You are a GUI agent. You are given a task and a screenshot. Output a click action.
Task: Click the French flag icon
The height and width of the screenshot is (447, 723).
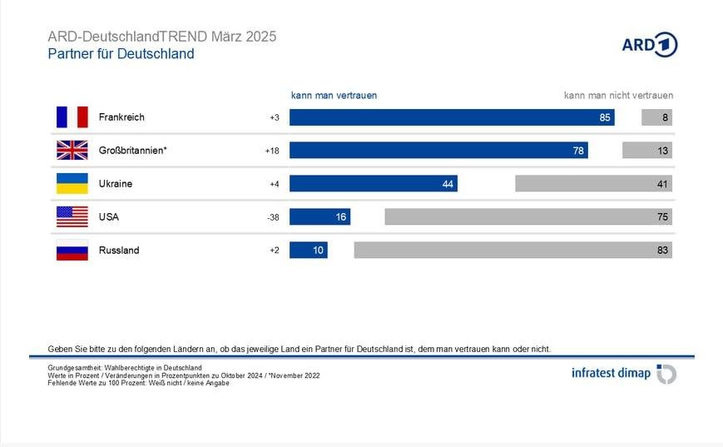point(72,117)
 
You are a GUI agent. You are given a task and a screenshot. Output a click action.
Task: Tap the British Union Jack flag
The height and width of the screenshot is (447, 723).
point(72,151)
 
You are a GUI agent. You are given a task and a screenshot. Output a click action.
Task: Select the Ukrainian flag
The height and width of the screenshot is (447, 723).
point(72,184)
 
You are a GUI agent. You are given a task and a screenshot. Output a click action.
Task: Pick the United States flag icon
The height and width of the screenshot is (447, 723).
point(72,217)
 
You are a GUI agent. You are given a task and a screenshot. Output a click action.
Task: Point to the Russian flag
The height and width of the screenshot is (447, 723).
point(72,251)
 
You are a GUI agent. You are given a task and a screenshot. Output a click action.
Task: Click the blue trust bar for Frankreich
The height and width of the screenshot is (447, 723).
point(452,117)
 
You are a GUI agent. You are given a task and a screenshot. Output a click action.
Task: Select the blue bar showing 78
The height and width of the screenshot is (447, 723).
point(438,151)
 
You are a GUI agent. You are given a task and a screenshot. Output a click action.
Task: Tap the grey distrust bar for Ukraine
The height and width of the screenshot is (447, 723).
point(593,184)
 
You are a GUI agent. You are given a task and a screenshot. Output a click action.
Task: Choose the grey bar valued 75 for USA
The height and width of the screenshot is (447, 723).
point(528,217)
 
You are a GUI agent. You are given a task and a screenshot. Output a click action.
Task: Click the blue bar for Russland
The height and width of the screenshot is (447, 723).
point(308,251)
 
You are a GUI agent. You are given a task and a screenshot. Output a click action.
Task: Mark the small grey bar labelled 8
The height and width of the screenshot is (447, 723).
point(656,117)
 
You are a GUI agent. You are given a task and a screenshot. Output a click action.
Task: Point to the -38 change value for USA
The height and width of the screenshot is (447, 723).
point(274,217)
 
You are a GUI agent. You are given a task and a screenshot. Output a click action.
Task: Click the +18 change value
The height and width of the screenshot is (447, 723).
point(273,151)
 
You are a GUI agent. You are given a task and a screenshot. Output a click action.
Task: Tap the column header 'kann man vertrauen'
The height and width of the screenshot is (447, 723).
point(334,96)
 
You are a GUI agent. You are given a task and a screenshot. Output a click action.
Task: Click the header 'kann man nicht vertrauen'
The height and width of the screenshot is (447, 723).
point(618,96)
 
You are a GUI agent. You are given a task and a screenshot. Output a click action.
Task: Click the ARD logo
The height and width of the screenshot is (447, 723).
point(649,45)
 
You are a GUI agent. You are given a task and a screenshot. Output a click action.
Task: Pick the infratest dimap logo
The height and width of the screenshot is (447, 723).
point(623,374)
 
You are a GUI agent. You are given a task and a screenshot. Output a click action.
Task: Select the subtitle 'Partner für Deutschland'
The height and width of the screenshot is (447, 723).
point(121,54)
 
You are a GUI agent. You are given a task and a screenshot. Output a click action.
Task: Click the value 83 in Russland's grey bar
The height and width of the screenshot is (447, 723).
point(661,251)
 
